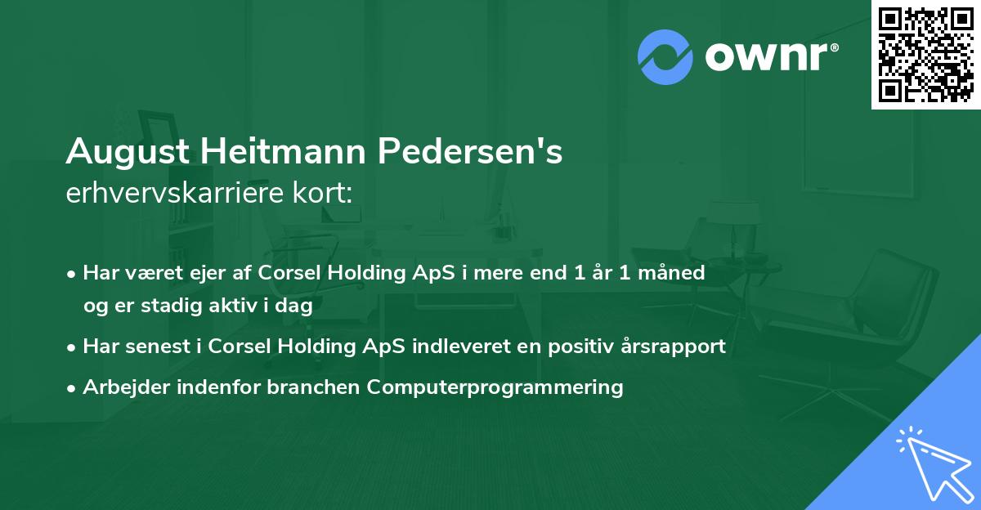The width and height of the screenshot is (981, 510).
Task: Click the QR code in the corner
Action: (925, 54)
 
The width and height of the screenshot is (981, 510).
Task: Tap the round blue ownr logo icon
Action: (665, 57)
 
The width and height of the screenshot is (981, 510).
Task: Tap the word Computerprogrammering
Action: (495, 387)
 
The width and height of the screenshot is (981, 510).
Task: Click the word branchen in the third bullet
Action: (315, 387)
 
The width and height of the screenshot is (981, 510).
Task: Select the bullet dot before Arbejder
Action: (73, 387)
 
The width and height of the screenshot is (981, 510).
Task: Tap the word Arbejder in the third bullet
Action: (121, 387)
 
